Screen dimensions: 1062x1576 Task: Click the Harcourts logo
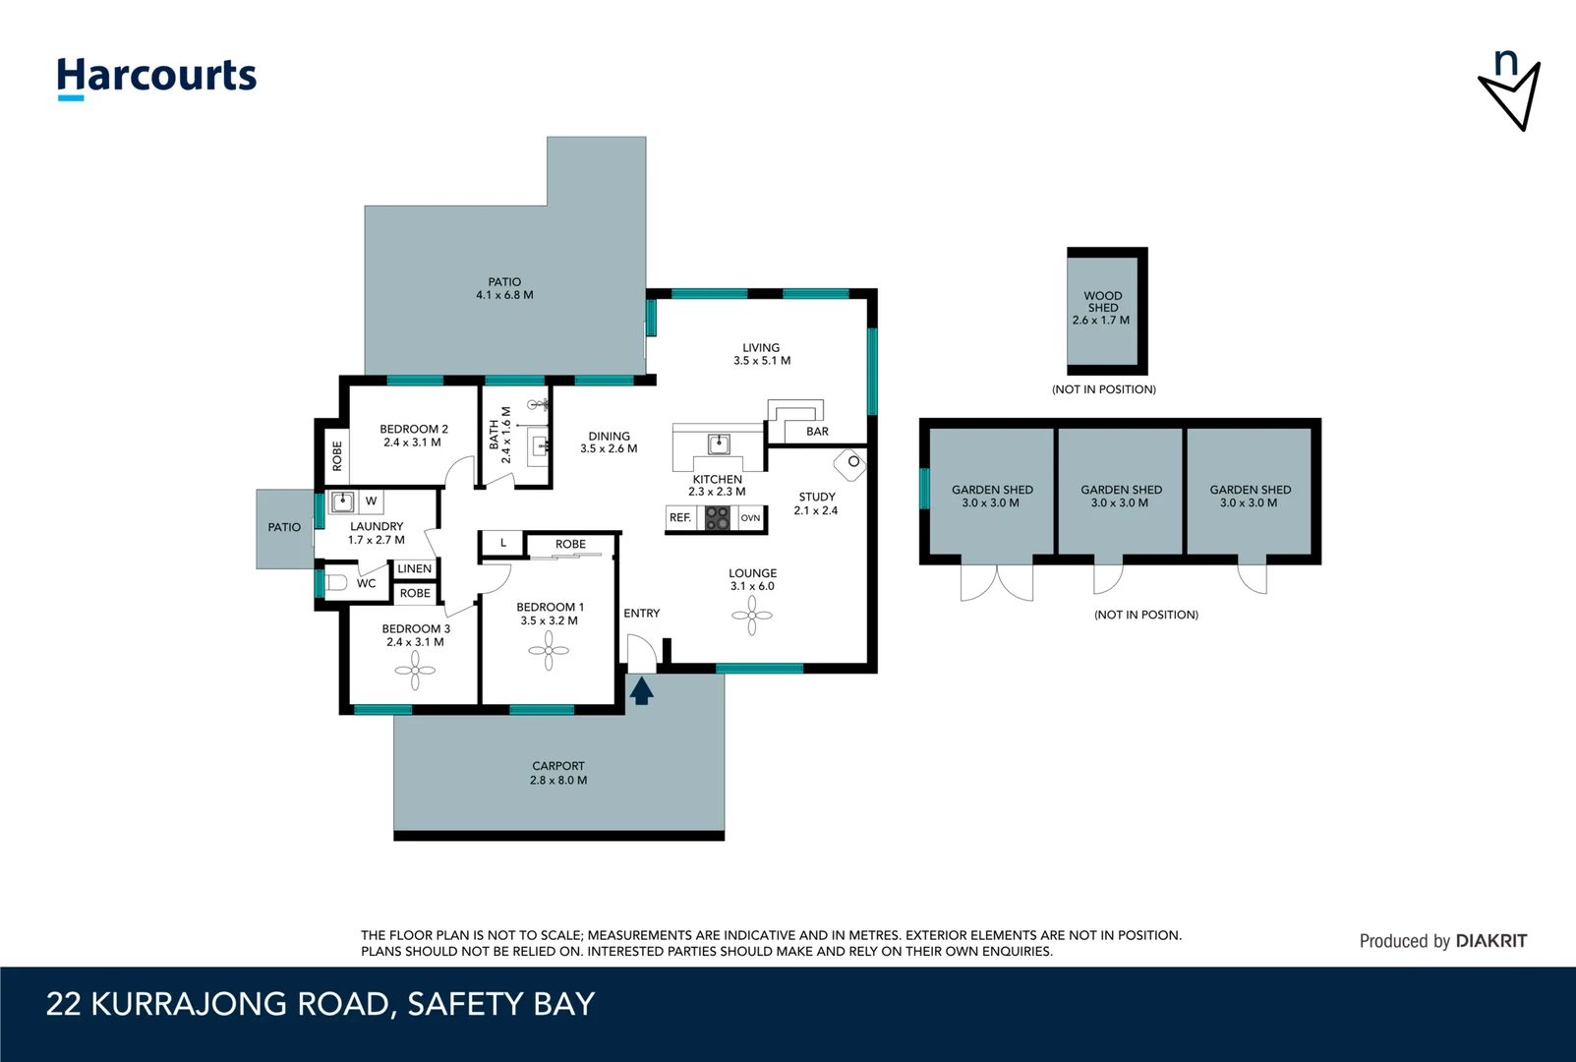(x=156, y=77)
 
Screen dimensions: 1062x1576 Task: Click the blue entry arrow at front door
(x=641, y=690)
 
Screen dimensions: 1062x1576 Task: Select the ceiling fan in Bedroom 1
(x=549, y=650)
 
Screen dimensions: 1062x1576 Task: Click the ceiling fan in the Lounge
(x=752, y=616)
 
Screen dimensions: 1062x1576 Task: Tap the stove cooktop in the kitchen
(x=717, y=518)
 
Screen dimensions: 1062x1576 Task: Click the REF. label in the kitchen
(x=680, y=517)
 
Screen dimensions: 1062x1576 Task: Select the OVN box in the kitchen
(x=750, y=517)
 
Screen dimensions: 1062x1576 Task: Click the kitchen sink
(x=719, y=444)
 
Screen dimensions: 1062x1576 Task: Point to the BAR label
(x=817, y=431)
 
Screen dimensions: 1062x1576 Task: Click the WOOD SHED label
(x=1102, y=301)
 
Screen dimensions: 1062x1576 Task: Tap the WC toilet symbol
(x=337, y=582)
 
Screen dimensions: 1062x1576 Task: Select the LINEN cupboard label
(x=414, y=568)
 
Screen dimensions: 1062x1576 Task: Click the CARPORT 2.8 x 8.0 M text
(x=558, y=773)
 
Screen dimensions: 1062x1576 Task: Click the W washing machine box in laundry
(x=371, y=501)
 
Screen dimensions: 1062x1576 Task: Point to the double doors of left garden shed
(x=996, y=582)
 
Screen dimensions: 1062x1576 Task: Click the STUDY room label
(x=817, y=497)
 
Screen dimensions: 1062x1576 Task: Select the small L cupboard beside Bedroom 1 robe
(x=502, y=543)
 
